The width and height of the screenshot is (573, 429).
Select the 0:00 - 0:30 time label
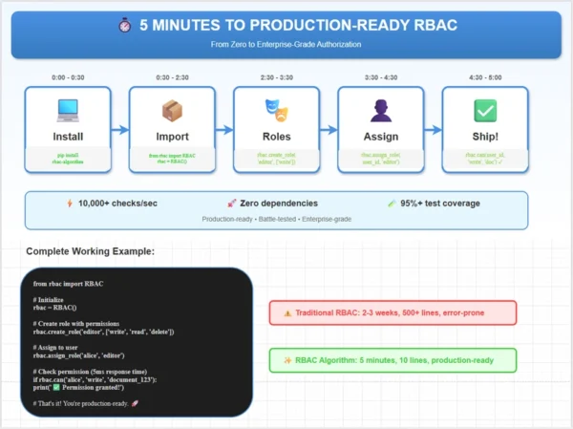[68, 76]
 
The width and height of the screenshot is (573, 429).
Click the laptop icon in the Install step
[68, 111]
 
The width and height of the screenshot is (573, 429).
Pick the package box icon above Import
[172, 111]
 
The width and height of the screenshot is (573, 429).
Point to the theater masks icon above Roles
[276, 111]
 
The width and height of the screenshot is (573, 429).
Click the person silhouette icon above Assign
[380, 111]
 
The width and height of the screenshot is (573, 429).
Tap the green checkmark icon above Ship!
[484, 111]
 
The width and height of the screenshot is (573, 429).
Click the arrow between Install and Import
[119, 131]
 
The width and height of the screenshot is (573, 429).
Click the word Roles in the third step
[276, 137]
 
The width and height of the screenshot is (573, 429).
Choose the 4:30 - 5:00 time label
[484, 76]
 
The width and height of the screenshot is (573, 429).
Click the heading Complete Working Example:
[90, 251]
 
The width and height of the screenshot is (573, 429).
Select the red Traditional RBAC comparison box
[393, 312]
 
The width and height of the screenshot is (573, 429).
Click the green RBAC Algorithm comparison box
[393, 360]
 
